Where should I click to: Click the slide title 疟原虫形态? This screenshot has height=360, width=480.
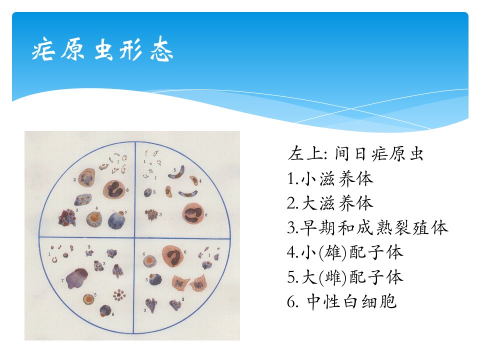click(x=102, y=49)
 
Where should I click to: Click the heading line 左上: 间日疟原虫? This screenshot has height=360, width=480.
click(x=355, y=153)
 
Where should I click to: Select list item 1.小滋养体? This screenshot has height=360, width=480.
click(x=330, y=178)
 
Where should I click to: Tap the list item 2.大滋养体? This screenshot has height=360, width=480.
click(x=330, y=203)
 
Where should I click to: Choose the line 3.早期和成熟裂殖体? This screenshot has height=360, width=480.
click(x=367, y=228)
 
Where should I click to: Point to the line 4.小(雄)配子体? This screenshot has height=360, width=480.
click(x=345, y=252)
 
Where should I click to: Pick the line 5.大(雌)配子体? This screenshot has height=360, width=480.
click(x=345, y=277)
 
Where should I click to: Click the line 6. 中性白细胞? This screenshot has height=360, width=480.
click(x=342, y=301)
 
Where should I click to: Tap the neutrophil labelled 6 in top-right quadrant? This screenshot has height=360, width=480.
click(x=193, y=213)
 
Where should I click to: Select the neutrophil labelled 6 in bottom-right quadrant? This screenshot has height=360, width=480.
click(x=173, y=256)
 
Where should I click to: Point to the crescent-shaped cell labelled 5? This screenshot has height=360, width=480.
click(x=177, y=173)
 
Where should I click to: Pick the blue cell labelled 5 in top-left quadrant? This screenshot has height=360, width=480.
click(x=117, y=220)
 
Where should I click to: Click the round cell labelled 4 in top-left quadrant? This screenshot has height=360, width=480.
click(x=94, y=219)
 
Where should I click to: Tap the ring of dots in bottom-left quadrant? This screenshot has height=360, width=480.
click(x=119, y=295)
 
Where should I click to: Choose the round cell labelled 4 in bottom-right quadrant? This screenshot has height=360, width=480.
click(x=149, y=261)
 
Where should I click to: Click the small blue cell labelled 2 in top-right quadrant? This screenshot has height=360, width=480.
click(x=148, y=192)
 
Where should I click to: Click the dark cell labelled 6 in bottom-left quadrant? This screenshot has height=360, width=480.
click(x=105, y=310)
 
